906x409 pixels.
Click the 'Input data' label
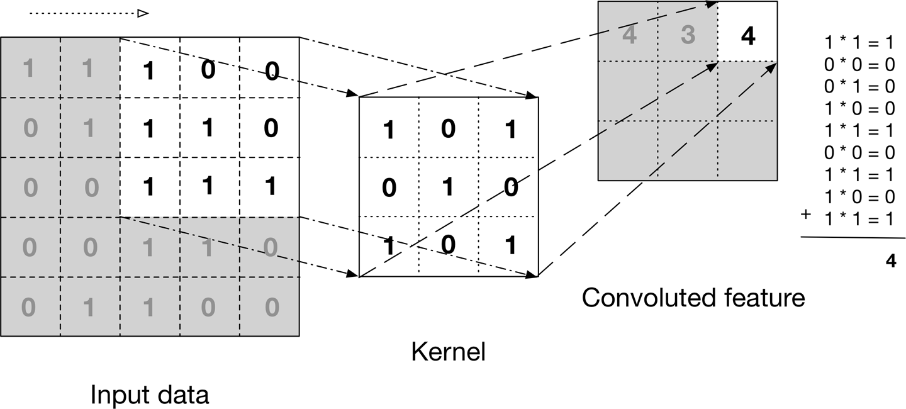[149, 396]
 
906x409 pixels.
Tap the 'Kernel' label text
[448, 352]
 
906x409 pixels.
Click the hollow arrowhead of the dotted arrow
[143, 13]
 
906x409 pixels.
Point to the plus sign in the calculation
[805, 215]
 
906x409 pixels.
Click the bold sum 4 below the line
[890, 261]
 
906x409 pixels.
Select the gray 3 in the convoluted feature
[688, 36]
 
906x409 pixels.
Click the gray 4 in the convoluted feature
[629, 36]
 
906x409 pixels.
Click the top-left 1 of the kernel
[389, 130]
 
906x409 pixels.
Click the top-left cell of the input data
[30, 68]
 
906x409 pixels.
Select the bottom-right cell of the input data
[270, 307]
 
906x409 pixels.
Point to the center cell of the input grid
[149, 188]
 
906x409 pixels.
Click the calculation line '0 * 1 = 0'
[859, 85]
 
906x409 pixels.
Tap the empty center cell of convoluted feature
[688, 91]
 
